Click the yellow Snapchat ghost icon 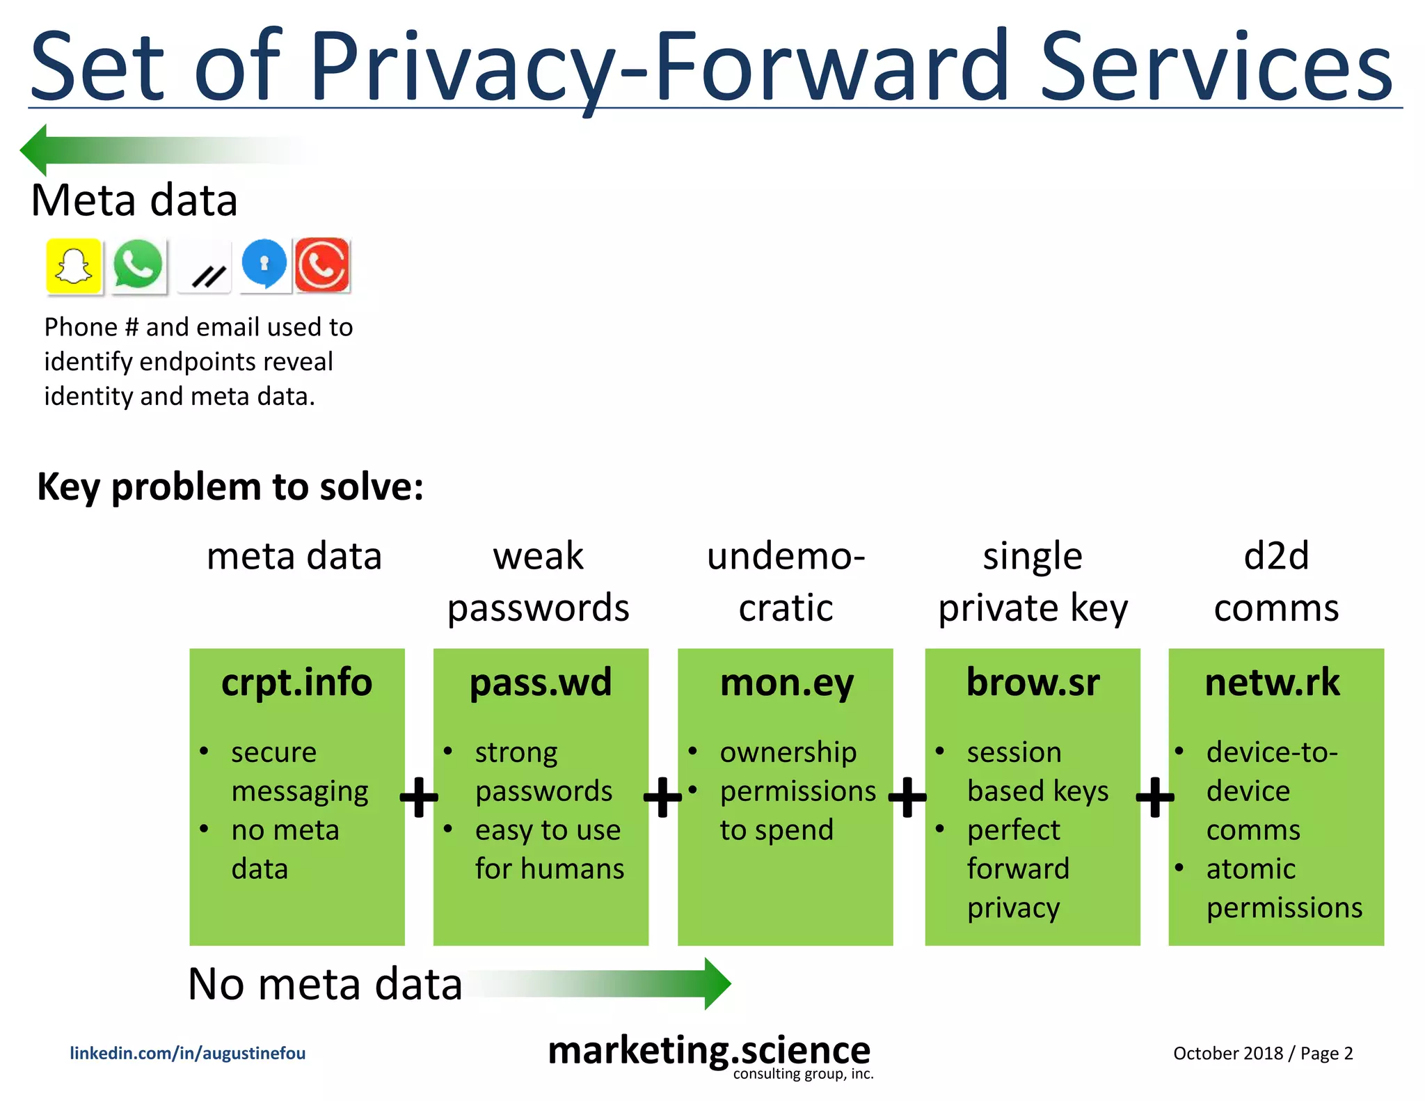(x=74, y=266)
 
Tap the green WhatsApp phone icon (x=138, y=264)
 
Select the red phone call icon (x=321, y=265)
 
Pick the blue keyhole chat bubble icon (x=264, y=264)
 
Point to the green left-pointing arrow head (x=35, y=150)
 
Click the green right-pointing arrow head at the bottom (x=717, y=983)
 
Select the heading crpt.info (x=296, y=683)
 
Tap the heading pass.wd (x=541, y=683)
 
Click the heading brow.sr (x=1033, y=683)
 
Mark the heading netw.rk (x=1272, y=683)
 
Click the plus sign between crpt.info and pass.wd (x=419, y=798)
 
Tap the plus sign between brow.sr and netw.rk (x=1154, y=798)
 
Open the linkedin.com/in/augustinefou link (x=187, y=1053)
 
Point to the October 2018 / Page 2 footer (x=1262, y=1053)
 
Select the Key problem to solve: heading (x=230, y=486)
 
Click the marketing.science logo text (x=709, y=1051)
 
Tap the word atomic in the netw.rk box (x=1250, y=869)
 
